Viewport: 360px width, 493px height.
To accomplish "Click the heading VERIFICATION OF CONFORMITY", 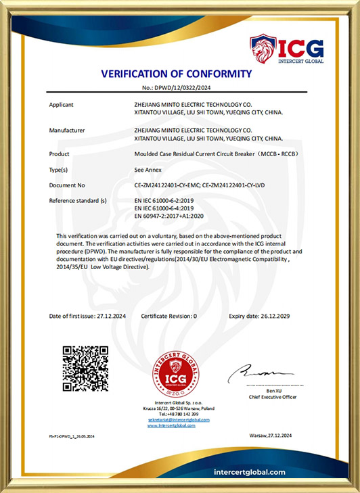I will point(176,74).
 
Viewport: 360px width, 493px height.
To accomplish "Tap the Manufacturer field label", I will point(66,129).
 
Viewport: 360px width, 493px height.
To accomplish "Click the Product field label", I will point(60,154).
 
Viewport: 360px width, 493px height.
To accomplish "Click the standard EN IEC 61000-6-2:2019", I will point(165,201).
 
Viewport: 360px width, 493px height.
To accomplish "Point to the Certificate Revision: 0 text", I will point(169,316).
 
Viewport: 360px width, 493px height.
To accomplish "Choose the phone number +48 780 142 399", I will point(182,415).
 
